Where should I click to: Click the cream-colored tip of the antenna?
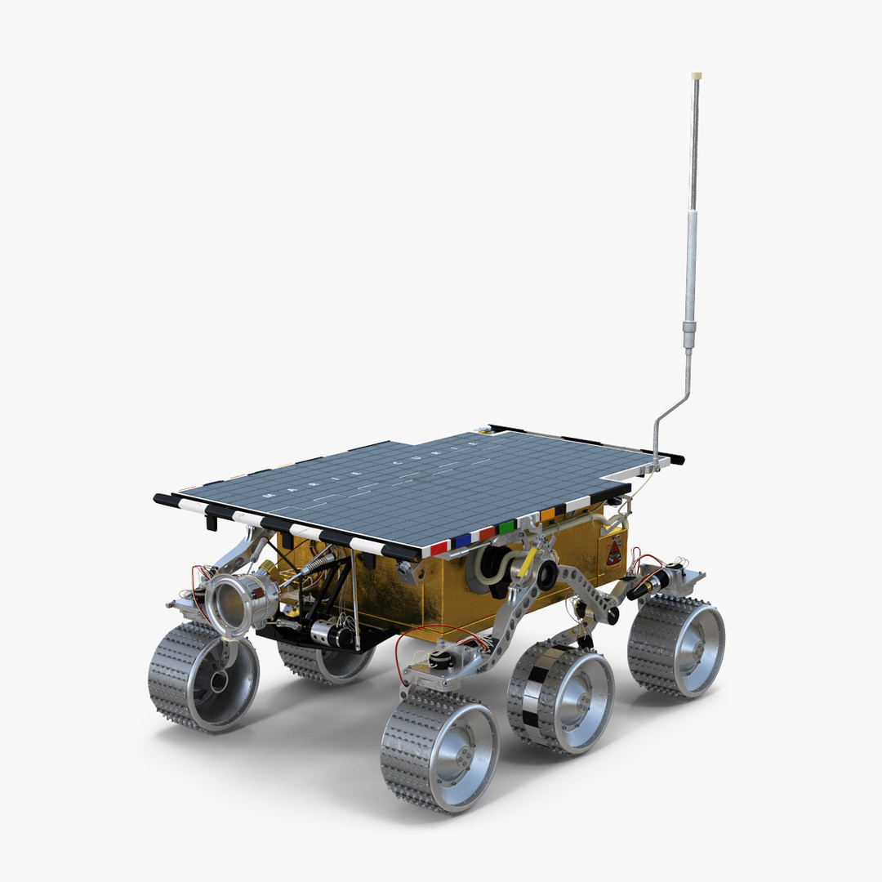tap(696, 76)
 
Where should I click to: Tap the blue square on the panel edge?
tap(463, 540)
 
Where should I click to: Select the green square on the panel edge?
tap(507, 527)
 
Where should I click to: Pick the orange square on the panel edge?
tap(547, 514)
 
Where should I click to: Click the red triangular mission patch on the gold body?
tap(614, 552)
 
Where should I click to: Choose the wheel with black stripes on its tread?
tap(559, 697)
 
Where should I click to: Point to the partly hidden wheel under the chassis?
tap(327, 660)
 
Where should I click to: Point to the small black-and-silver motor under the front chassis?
tap(331, 633)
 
